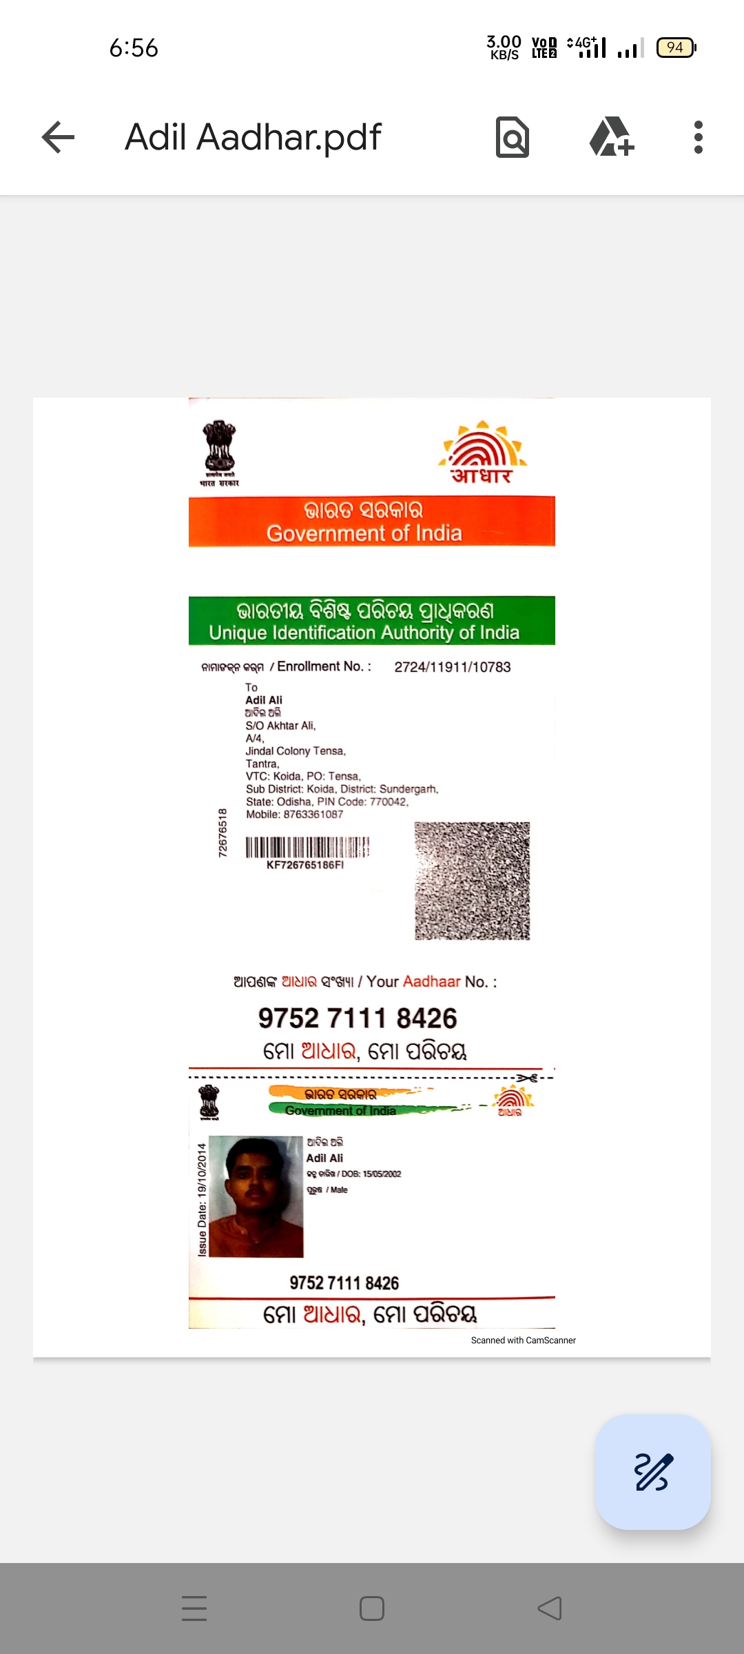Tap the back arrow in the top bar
tap(58, 137)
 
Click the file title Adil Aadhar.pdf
tap(253, 137)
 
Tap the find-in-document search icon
tap(513, 137)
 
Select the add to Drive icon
tap(611, 137)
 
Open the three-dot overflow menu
tap(699, 137)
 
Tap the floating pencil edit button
tap(652, 1471)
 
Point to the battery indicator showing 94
tap(676, 48)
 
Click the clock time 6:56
tap(134, 48)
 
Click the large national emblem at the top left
tap(219, 452)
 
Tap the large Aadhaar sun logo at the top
tap(482, 452)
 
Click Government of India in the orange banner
tap(364, 533)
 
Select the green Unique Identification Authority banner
tap(372, 620)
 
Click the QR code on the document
tap(473, 881)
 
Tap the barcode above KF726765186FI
tap(307, 846)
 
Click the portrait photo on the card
tap(256, 1196)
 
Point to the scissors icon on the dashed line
tap(528, 1078)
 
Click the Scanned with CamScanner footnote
tap(523, 1340)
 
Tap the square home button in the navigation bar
tap(372, 1609)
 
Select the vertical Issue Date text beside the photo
tap(202, 1199)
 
